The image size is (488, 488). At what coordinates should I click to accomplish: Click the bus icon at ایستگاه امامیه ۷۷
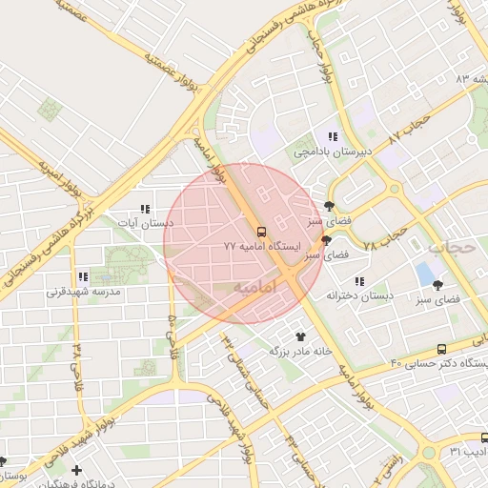pos(260,231)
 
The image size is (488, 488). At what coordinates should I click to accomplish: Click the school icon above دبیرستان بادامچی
pos(332,136)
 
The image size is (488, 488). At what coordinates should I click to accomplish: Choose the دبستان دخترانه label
pos(359,295)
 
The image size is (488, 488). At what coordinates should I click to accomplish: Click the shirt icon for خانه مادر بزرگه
pos(301,336)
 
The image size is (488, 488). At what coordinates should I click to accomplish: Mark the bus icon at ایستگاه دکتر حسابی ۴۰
pos(440,349)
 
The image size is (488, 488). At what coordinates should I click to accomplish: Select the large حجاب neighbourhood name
pos(448,247)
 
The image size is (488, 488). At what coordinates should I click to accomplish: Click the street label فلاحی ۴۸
pos(77,362)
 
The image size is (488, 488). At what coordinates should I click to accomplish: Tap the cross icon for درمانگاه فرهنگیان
pos(75,470)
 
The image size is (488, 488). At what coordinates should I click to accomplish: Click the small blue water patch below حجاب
pos(425,274)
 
